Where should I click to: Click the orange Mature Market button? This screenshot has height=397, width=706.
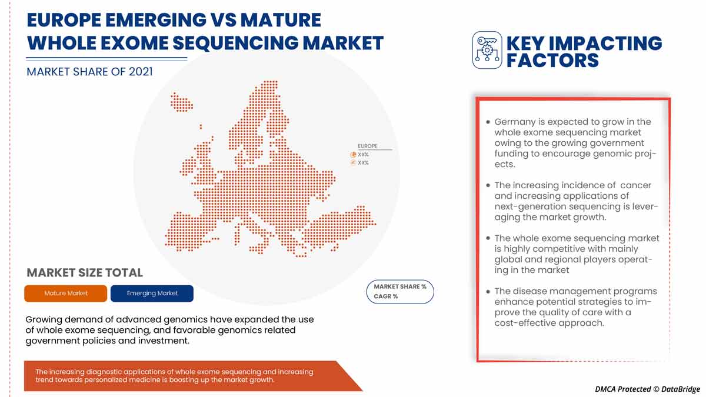(66, 293)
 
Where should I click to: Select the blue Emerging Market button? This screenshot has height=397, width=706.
(152, 293)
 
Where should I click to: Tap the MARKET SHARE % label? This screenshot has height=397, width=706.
(400, 286)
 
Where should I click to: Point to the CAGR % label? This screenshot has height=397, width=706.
(386, 296)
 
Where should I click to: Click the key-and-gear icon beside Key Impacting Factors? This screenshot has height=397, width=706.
(487, 50)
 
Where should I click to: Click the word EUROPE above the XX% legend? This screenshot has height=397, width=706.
(368, 146)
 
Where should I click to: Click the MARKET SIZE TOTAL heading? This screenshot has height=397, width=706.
(85, 273)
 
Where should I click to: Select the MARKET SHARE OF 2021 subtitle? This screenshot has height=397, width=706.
(89, 72)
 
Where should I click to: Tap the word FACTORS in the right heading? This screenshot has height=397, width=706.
(553, 60)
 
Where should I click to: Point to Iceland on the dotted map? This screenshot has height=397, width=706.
(181, 101)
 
